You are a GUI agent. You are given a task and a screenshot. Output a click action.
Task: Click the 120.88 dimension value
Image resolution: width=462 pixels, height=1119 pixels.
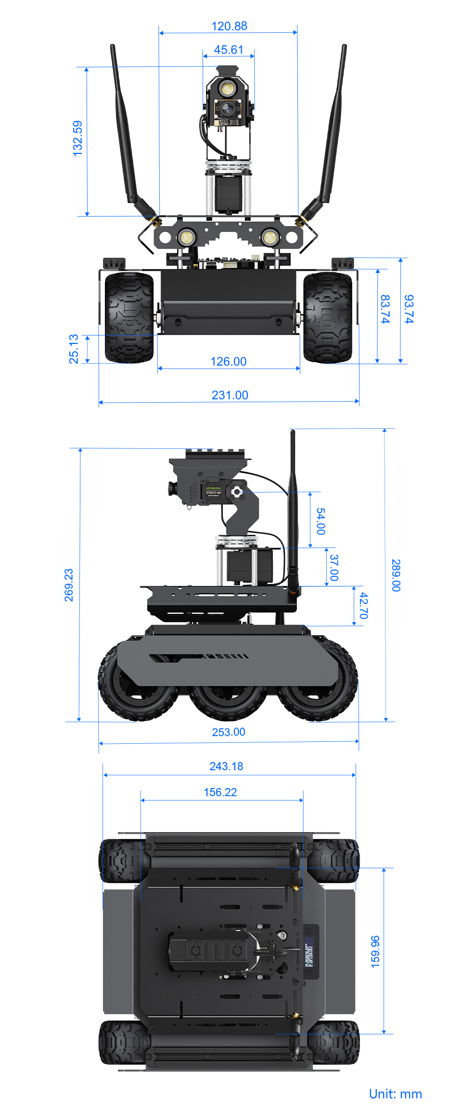point(229,26)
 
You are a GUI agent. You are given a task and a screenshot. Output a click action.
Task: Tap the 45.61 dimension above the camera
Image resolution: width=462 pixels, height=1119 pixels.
point(229,50)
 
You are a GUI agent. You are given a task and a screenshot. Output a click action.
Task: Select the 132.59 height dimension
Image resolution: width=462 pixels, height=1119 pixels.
point(77,138)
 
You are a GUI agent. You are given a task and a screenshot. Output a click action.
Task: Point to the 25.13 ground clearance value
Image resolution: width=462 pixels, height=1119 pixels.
point(74,349)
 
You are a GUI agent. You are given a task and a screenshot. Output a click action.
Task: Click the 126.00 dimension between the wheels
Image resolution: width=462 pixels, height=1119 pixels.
point(229,361)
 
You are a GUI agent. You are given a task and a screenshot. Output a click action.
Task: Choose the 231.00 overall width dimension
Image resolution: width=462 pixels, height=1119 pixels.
point(230,395)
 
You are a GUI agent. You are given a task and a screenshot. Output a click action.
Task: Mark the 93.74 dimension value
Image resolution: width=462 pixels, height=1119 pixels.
point(409,309)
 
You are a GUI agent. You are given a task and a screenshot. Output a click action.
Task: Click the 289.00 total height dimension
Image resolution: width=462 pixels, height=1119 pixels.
point(396,575)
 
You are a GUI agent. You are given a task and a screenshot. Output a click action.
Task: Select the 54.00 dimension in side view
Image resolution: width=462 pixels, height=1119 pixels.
point(321,521)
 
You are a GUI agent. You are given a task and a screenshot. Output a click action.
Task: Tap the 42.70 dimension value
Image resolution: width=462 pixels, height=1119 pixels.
point(363,605)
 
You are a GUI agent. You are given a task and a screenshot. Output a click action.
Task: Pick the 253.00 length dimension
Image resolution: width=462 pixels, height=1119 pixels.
point(229,732)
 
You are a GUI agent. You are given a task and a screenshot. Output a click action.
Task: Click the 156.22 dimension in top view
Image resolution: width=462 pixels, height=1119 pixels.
point(220,792)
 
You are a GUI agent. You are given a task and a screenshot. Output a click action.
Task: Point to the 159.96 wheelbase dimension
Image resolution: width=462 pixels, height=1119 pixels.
point(375,952)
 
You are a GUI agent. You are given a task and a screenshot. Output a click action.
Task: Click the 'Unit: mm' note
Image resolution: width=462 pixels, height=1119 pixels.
point(395,1094)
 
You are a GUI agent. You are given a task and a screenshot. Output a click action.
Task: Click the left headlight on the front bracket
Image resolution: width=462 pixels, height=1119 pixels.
point(186,237)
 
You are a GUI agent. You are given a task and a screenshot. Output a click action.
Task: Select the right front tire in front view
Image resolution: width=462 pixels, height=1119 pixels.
point(328,318)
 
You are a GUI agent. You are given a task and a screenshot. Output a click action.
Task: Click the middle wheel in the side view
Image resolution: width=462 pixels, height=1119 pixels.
point(228,698)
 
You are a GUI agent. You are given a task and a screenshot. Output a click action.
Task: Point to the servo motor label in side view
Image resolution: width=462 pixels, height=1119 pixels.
point(213,491)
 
